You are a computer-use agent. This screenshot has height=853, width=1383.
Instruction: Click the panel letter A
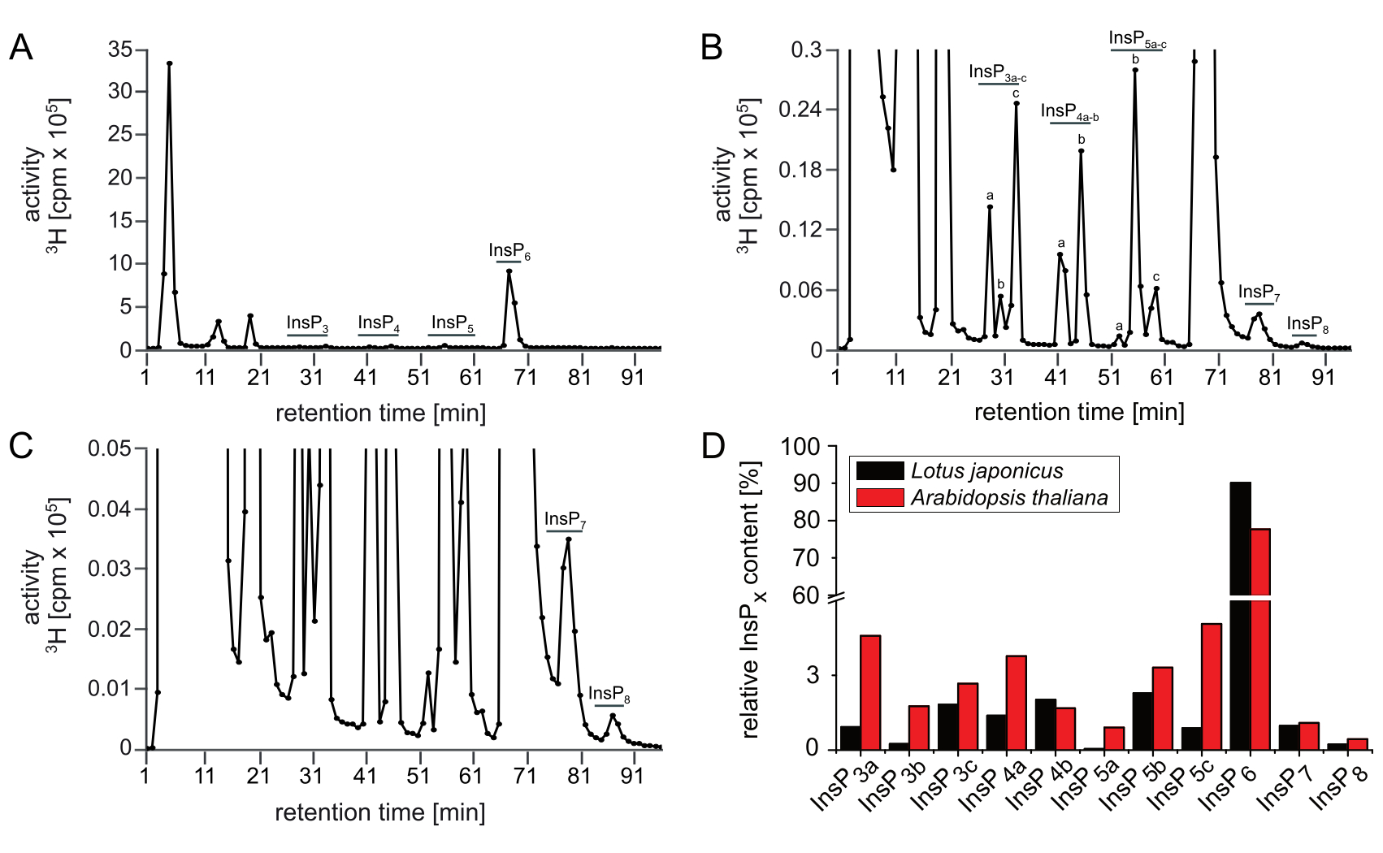click(20, 48)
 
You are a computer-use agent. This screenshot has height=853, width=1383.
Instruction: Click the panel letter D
click(712, 446)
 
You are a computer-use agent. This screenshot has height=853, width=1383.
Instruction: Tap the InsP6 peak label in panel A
click(509, 251)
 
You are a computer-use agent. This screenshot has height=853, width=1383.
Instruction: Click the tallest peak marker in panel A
click(169, 63)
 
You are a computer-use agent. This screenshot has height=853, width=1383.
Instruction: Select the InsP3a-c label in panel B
click(998, 73)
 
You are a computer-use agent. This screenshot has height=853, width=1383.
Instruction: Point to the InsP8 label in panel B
click(1307, 324)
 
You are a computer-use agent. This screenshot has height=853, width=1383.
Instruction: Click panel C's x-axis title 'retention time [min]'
click(380, 812)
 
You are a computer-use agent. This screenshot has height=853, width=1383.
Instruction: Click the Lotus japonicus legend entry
click(986, 471)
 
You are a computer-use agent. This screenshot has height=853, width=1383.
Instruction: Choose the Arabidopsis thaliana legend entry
click(1008, 497)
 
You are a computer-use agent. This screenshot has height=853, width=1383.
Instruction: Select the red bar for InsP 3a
click(870, 692)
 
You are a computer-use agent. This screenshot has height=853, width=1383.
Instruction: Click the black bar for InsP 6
click(1240, 617)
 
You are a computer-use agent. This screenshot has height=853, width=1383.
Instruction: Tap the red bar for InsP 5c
click(1212, 686)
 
